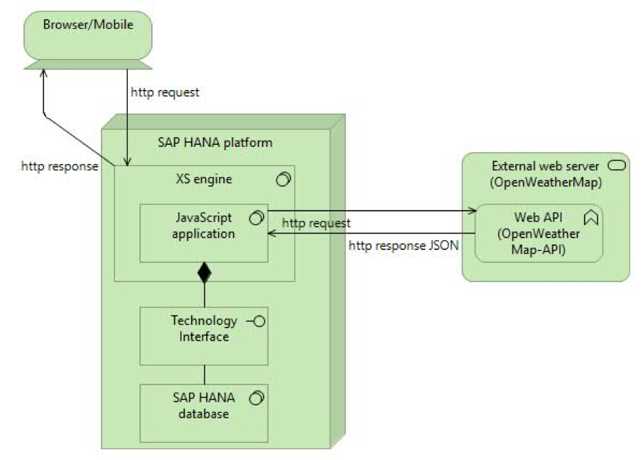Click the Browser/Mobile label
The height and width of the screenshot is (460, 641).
(x=87, y=25)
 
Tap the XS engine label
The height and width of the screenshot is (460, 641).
(x=204, y=180)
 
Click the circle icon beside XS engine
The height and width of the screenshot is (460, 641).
(x=282, y=180)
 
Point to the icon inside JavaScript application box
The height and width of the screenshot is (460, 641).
(x=256, y=218)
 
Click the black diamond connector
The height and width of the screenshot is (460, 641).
(x=204, y=273)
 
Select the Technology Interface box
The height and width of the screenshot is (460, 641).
(x=203, y=336)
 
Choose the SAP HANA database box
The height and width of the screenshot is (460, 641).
(x=203, y=413)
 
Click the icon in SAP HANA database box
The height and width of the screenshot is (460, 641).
(x=256, y=398)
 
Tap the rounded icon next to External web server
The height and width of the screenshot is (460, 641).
(x=615, y=167)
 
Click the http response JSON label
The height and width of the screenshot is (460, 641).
(x=405, y=245)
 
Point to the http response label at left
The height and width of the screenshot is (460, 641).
(x=58, y=166)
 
